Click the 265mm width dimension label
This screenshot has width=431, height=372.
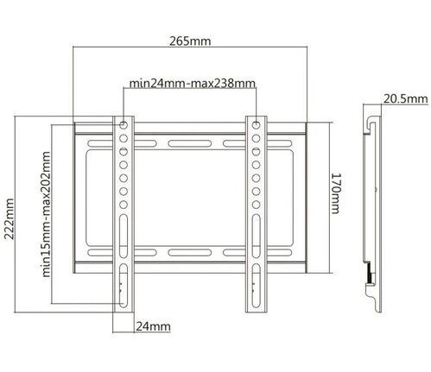pyautogui.click(x=192, y=41)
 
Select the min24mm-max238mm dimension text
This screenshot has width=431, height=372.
pyautogui.click(x=192, y=84)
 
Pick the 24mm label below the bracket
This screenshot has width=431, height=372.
pyautogui.click(x=152, y=326)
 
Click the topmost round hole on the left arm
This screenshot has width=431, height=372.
pyautogui.click(x=124, y=122)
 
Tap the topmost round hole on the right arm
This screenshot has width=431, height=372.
pyautogui.click(x=256, y=122)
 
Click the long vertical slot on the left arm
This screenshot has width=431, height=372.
pyautogui.click(x=124, y=281)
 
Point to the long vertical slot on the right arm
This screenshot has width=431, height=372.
pyautogui.click(x=256, y=281)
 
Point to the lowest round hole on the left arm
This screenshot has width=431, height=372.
pyautogui.click(x=124, y=205)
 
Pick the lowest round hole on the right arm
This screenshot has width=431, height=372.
pyautogui.click(x=256, y=205)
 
